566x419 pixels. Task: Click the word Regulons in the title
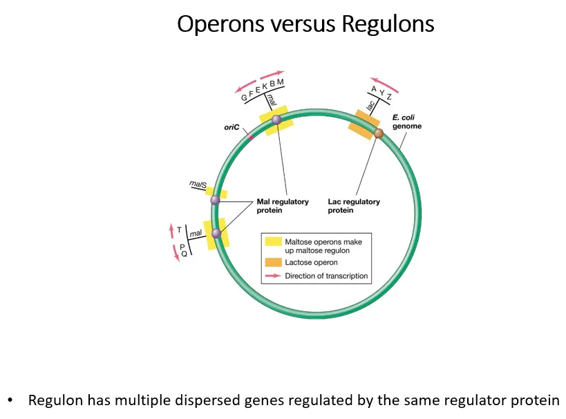388,24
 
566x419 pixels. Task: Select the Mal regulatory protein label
283,206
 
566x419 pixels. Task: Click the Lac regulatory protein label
354,206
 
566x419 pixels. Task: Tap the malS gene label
198,184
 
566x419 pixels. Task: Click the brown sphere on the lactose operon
378,133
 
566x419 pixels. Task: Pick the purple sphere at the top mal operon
276,120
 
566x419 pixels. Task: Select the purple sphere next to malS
215,200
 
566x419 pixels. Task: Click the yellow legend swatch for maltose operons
272,242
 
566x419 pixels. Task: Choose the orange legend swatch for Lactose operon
272,263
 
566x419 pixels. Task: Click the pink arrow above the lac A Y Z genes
384,82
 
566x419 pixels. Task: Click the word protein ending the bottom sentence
534,400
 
